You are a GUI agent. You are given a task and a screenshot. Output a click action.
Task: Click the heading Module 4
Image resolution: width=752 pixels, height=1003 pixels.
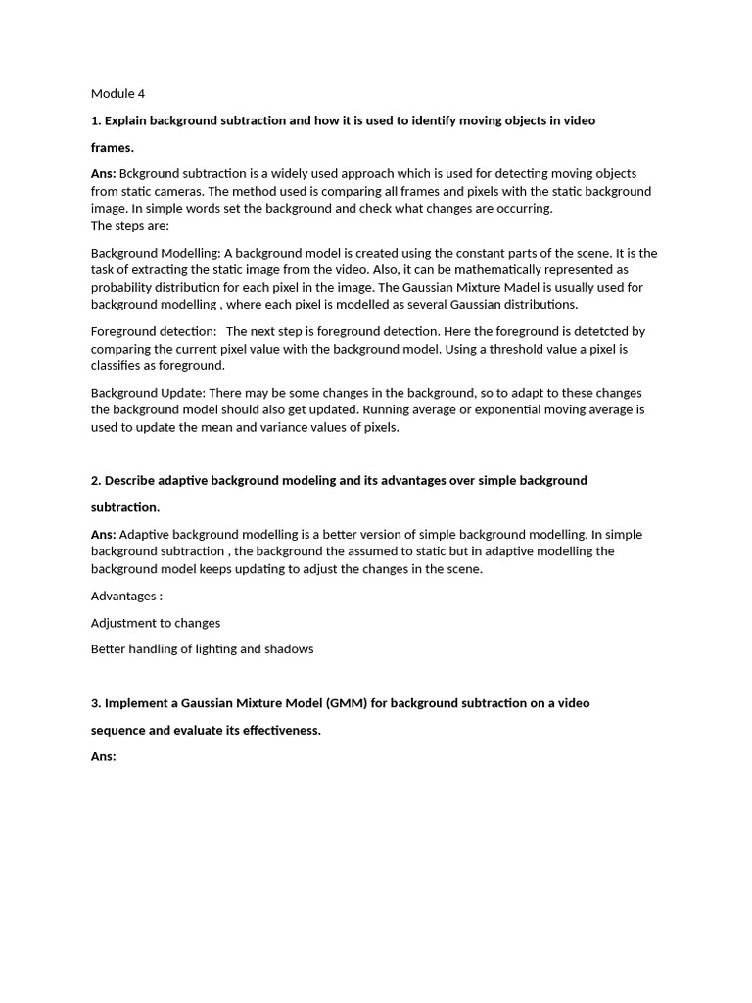[x=117, y=94]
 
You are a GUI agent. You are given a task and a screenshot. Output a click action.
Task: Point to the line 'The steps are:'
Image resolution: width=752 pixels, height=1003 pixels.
[x=130, y=225]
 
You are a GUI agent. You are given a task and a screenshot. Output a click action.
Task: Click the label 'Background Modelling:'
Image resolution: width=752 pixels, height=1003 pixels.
[x=156, y=253]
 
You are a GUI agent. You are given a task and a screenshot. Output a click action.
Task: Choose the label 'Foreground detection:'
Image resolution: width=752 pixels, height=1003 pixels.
[x=154, y=331]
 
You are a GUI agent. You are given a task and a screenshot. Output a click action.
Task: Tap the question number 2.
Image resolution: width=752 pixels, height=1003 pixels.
[x=96, y=480]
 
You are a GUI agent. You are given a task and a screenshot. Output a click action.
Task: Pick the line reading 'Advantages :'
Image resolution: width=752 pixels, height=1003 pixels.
[x=126, y=596]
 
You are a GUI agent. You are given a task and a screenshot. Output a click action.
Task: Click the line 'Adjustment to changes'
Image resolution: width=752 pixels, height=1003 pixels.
[x=156, y=623]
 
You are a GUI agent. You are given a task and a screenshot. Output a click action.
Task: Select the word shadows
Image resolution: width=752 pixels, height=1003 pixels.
[x=289, y=649]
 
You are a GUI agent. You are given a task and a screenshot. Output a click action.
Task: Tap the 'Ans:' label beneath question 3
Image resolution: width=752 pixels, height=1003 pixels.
[x=104, y=756]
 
